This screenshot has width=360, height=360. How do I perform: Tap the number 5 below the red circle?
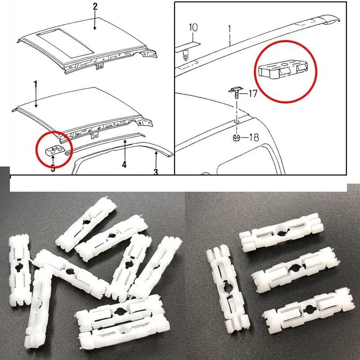click(53, 169)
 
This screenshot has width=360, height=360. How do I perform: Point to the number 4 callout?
click(124, 165)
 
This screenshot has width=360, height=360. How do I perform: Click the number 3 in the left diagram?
click(156, 172)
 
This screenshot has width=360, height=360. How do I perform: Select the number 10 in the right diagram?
click(193, 28)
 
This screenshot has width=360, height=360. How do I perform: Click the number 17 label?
click(252, 94)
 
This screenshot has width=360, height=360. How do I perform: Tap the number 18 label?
click(253, 138)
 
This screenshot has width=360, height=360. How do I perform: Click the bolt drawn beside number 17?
click(236, 93)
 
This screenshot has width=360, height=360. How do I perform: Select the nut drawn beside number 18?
click(237, 137)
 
